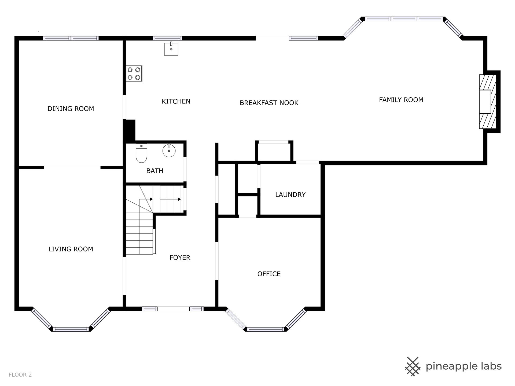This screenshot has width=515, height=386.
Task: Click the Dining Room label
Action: tap(71, 109)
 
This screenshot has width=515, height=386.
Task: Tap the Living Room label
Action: tap(71, 249)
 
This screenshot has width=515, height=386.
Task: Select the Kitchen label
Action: tap(176, 101)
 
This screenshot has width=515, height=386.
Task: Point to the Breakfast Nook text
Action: tap(269, 103)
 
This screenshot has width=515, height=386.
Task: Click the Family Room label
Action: tap(401, 100)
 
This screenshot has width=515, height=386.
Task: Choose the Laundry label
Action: tap(290, 195)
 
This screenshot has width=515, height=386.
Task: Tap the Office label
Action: tap(269, 274)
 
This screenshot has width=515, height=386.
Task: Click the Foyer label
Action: tap(180, 258)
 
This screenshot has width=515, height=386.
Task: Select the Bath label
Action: tap(155, 171)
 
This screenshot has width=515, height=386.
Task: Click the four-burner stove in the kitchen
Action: tap(134, 73)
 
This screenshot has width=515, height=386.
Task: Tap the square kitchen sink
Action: tap(171, 49)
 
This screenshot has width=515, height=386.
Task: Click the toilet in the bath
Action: tap(141, 153)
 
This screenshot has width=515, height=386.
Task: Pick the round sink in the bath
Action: tap(169, 150)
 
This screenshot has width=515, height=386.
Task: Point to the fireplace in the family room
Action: tap(488, 102)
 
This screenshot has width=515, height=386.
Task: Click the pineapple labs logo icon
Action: tap(412, 366)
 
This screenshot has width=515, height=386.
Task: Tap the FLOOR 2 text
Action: tap(20, 375)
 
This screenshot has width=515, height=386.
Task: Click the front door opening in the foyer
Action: tap(174, 309)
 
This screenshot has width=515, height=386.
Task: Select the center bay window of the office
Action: tap(265, 329)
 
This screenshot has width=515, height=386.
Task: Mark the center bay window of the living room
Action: tap(71, 329)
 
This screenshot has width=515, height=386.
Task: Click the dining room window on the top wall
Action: tap(71, 38)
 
